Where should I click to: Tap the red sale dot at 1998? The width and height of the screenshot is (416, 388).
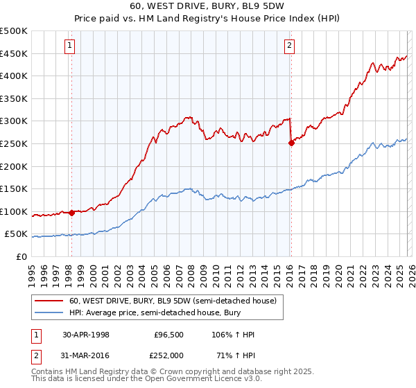(x=72, y=213)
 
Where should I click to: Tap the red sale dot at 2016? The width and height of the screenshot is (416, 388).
(x=291, y=143)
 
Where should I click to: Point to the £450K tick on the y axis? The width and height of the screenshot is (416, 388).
(x=14, y=53)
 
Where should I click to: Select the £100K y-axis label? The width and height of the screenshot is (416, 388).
(x=14, y=211)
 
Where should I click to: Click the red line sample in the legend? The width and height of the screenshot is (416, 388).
(x=49, y=301)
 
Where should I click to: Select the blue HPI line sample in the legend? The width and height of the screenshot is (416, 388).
(x=49, y=312)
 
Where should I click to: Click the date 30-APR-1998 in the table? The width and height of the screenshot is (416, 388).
(x=83, y=335)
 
